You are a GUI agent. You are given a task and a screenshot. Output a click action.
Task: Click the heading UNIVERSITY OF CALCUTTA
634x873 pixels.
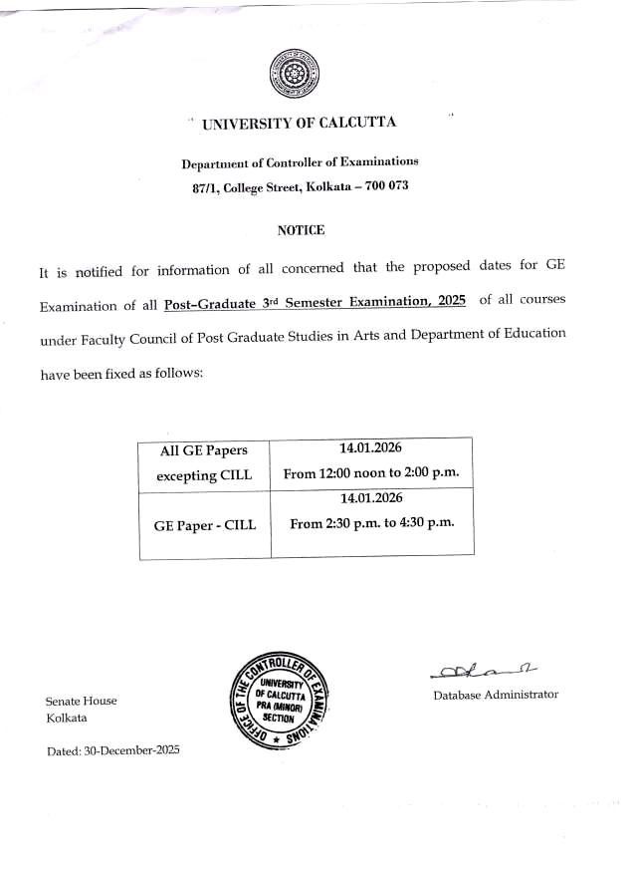[x=300, y=124]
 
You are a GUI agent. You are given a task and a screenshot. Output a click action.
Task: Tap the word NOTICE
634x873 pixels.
[x=301, y=230]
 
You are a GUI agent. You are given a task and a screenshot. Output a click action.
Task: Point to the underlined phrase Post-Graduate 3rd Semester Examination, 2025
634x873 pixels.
[x=315, y=302]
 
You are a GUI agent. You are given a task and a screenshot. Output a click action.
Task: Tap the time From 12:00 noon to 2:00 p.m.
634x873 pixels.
[x=371, y=471]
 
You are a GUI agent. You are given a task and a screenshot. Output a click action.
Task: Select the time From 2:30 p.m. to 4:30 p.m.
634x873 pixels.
[x=372, y=521]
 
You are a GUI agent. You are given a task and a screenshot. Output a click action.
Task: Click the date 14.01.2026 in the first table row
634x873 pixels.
[x=370, y=447]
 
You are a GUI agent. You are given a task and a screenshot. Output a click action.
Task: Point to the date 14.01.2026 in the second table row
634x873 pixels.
[x=370, y=497]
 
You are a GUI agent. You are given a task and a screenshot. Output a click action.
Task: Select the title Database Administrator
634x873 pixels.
[x=495, y=695]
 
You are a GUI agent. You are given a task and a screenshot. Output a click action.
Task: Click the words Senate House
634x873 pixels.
[x=82, y=701]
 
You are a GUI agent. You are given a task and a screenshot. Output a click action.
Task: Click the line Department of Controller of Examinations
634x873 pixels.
[x=300, y=162]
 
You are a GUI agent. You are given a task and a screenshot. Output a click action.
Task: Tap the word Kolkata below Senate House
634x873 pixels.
[x=67, y=718]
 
